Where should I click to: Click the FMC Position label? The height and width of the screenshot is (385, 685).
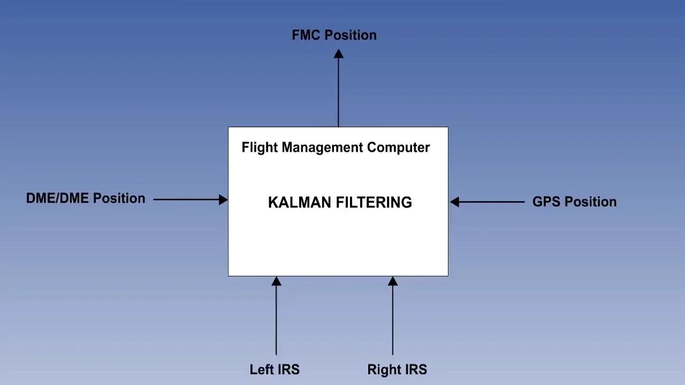tap(334, 35)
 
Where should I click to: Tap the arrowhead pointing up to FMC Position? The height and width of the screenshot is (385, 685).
tap(338, 54)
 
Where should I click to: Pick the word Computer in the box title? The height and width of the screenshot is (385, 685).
tap(398, 148)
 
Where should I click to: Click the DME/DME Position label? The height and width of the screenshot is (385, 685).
tap(86, 198)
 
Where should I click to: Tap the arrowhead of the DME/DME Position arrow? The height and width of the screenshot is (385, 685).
tap(223, 199)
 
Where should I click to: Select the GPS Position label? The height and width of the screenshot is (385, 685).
tap(574, 202)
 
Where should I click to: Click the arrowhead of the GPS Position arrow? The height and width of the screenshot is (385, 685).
tap(455, 202)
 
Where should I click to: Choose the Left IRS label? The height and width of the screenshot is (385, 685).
tap(275, 369)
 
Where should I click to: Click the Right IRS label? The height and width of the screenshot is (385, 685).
tap(397, 369)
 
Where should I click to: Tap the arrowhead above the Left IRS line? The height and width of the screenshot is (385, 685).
tap(276, 281)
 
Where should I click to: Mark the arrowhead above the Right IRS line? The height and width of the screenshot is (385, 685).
tap(393, 281)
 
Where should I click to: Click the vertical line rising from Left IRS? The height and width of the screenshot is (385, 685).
tap(276, 321)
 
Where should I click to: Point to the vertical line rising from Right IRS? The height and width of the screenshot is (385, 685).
tap(393, 321)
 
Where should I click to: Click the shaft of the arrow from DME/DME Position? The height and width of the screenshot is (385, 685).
tap(185, 199)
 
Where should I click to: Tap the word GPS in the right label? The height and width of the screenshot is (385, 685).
tap(546, 202)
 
